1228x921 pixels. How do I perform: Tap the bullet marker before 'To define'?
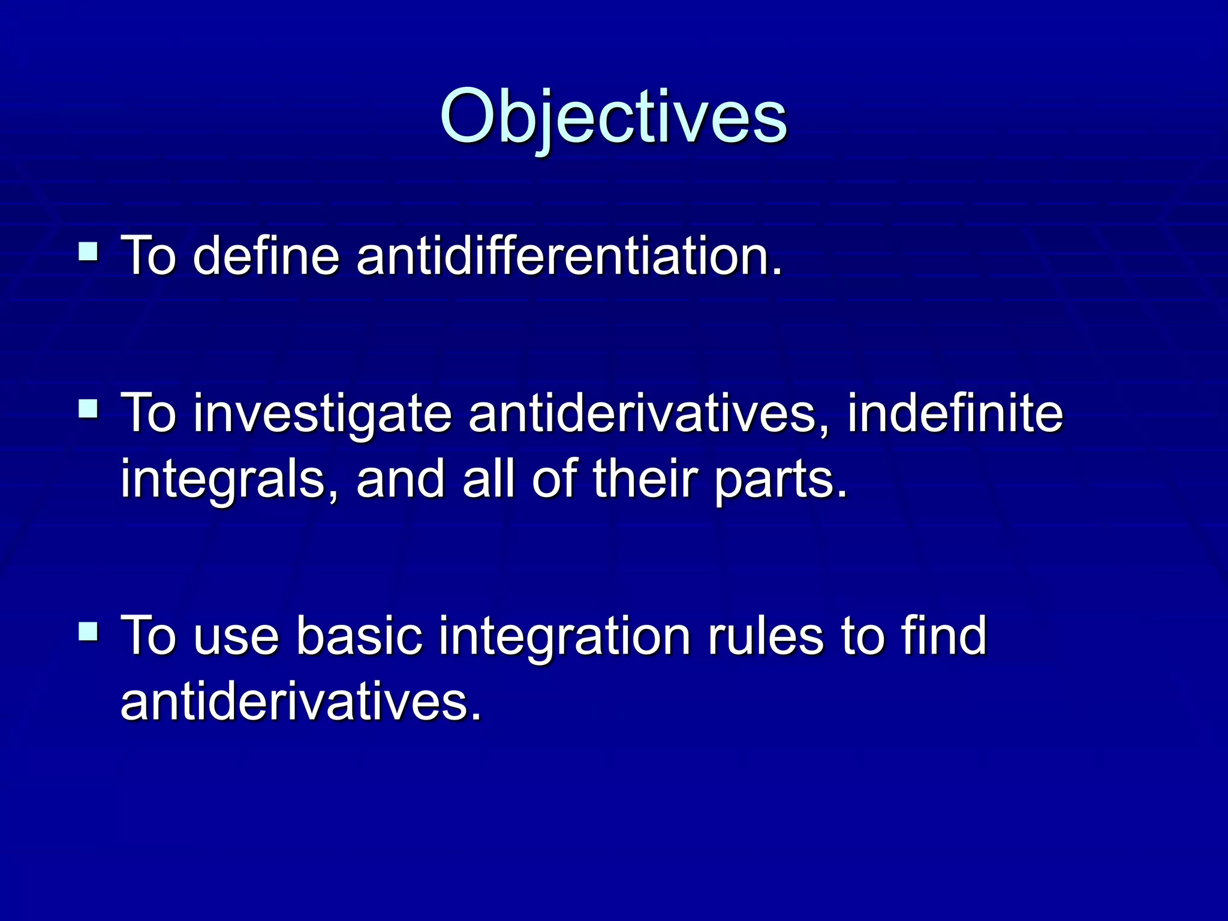(x=89, y=251)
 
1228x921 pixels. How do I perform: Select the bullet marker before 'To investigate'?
(x=89, y=409)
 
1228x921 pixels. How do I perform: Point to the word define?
(x=266, y=257)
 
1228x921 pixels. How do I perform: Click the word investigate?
(x=322, y=415)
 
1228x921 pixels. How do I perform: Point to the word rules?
(x=766, y=636)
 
